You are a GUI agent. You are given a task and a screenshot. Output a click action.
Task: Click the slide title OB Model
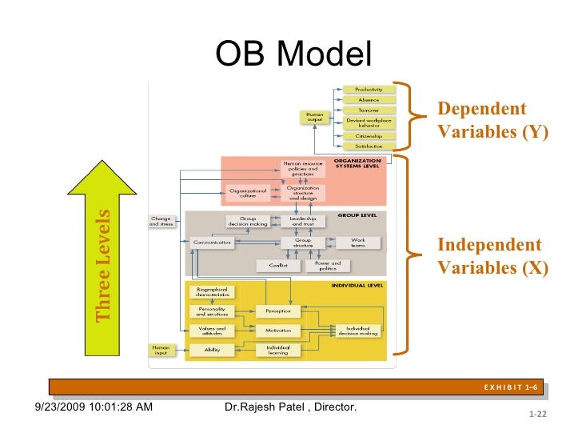click(x=293, y=55)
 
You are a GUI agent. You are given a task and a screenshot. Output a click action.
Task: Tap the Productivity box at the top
click(x=369, y=90)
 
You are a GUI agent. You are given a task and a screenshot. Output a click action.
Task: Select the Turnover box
click(x=369, y=110)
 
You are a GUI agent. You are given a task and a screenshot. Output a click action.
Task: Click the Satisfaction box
click(x=369, y=146)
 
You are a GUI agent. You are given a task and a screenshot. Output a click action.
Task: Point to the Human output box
click(x=315, y=117)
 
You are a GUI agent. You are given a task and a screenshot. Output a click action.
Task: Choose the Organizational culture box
click(x=247, y=194)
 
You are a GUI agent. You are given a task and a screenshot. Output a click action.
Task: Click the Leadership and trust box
click(x=302, y=220)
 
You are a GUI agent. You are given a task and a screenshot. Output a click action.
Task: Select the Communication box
click(x=212, y=243)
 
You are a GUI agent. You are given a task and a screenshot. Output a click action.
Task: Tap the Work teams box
click(x=357, y=243)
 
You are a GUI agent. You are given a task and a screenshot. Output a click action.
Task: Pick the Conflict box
click(x=278, y=265)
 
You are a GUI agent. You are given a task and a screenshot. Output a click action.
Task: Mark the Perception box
click(x=277, y=311)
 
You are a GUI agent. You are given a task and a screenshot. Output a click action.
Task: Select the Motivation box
click(x=277, y=330)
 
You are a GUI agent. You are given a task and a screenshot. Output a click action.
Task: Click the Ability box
click(x=211, y=350)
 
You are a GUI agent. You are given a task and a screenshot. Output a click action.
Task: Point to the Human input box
click(x=161, y=349)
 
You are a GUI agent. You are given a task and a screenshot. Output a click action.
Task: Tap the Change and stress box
click(x=161, y=221)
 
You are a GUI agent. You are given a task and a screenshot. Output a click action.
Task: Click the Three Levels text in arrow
click(x=103, y=266)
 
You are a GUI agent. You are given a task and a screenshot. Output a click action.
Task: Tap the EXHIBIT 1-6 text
click(x=511, y=388)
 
